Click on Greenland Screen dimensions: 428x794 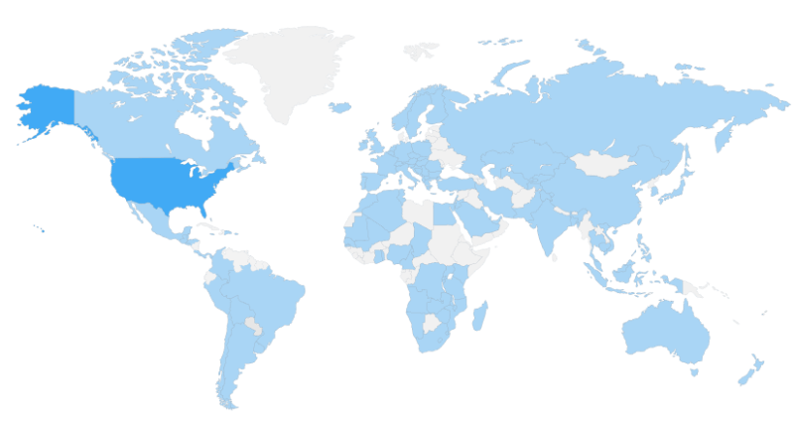[x=298, y=65]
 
